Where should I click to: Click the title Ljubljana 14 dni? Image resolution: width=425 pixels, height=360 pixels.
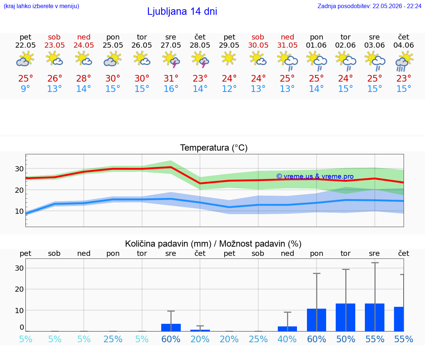[x=182, y=11]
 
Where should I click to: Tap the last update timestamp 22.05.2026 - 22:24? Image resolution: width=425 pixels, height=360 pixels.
[x=397, y=6]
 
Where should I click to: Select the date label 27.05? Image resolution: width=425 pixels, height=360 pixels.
[x=171, y=45]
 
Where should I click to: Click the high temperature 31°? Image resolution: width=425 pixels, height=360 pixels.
[x=171, y=78]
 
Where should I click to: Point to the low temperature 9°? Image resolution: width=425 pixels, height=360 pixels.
[x=25, y=89]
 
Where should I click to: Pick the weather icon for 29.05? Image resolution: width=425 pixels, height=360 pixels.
[x=229, y=59]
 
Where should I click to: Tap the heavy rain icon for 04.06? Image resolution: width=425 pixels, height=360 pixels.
[x=404, y=61]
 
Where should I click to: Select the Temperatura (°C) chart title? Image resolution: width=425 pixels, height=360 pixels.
[x=214, y=148]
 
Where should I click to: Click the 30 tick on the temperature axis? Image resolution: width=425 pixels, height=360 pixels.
[x=19, y=169]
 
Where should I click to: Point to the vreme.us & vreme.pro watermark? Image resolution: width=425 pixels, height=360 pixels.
[x=315, y=176]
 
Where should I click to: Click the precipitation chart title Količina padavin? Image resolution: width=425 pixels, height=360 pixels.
[x=168, y=244]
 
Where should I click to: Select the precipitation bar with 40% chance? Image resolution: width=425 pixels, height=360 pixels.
[x=287, y=329]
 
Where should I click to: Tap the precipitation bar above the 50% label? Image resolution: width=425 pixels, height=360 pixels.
[x=346, y=318]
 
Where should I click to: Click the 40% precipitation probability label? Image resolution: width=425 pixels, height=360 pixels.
[x=287, y=339]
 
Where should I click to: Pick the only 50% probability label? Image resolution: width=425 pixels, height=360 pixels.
[x=346, y=339]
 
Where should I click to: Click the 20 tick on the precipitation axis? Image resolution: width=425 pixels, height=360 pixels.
[x=19, y=289]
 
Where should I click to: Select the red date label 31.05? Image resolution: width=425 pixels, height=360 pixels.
[x=287, y=45]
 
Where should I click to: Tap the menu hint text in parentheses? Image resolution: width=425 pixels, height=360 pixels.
[x=41, y=6]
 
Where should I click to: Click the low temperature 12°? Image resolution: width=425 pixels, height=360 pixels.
[x=229, y=89]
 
